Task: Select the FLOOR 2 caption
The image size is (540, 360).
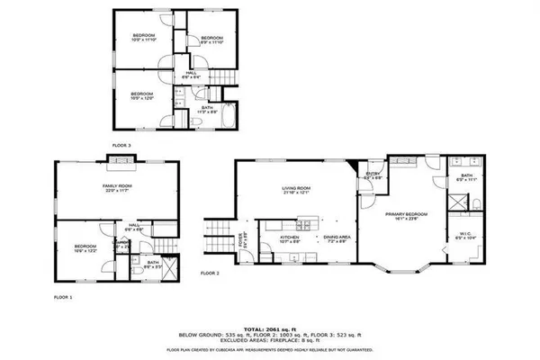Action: click(x=210, y=271)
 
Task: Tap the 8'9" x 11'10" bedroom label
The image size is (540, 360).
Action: click(x=203, y=38)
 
